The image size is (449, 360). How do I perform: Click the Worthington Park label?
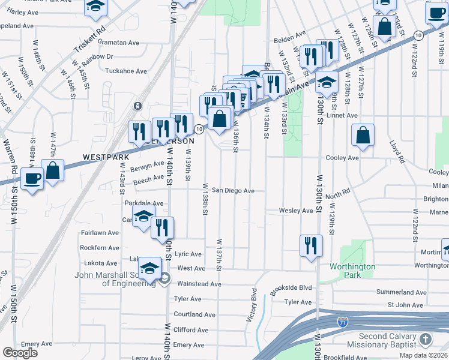352,271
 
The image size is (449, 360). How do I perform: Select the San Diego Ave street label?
232,191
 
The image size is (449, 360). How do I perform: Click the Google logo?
20,352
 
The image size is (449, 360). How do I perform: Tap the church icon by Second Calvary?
425,340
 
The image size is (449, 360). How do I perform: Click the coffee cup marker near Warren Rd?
32,178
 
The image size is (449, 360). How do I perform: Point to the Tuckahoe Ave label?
126,71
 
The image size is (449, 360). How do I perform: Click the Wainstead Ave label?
199,284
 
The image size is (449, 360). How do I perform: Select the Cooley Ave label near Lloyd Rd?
342,158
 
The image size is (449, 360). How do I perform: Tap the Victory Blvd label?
252,306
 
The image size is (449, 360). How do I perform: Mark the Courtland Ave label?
194,314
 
